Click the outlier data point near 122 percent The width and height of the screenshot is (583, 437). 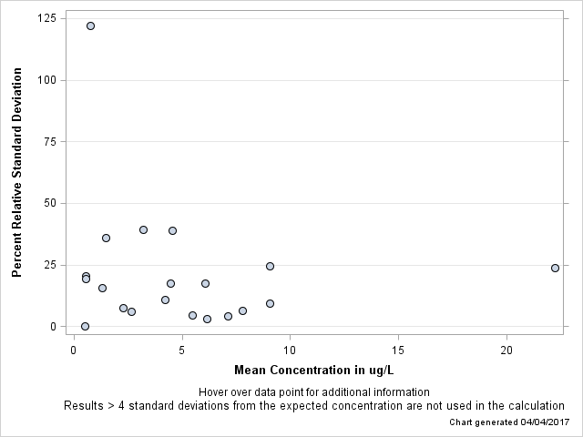click(90, 25)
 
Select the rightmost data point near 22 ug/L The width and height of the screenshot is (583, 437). click(555, 268)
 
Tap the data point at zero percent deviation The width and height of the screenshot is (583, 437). click(85, 326)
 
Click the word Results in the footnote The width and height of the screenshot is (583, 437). click(84, 406)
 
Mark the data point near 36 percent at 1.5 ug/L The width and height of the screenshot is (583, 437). click(106, 238)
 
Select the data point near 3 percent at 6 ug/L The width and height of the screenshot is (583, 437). click(207, 319)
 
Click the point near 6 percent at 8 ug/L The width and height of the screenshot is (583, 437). click(242, 310)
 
